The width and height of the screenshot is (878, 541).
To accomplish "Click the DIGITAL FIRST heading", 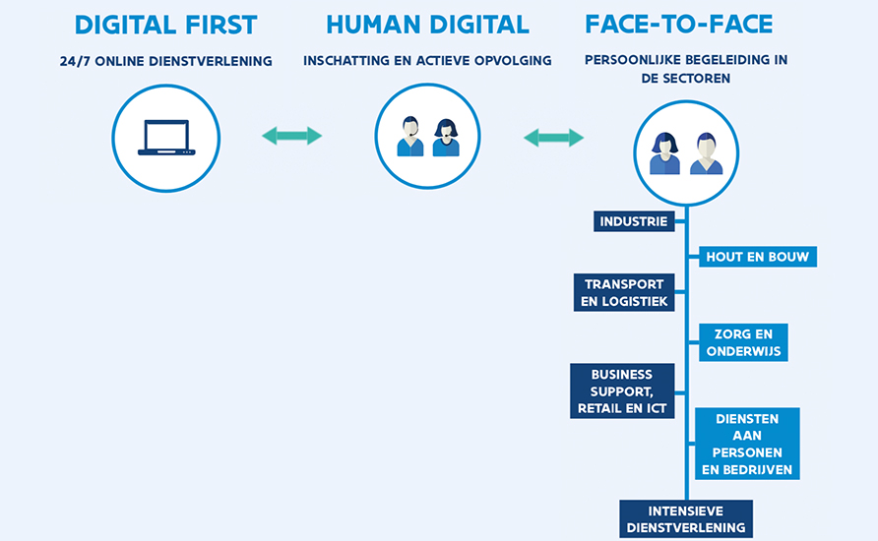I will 165,24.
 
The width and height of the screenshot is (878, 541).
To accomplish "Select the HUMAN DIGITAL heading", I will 427,24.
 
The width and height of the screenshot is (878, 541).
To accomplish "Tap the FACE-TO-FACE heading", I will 678,24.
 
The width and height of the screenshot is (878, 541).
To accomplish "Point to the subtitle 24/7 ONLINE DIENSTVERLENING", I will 165,61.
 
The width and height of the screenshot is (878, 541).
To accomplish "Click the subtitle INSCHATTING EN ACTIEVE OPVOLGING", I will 427,61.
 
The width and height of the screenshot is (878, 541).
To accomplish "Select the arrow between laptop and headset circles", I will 291,136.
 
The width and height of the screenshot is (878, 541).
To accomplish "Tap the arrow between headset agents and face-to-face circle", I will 553,138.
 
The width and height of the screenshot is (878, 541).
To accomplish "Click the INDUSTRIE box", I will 634,221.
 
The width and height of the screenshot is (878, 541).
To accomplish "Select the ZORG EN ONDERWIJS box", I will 743,342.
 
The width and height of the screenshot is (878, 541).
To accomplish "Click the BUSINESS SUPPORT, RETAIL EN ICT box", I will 622,391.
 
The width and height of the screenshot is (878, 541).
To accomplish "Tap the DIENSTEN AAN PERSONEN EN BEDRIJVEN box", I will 747,443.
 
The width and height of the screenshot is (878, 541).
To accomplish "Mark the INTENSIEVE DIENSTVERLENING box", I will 685,519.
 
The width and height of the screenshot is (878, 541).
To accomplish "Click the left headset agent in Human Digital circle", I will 410,138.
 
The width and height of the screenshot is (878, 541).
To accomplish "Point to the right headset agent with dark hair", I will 446,138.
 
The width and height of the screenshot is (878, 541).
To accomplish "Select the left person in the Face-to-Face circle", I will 665,154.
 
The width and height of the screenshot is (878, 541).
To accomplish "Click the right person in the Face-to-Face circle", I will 706,154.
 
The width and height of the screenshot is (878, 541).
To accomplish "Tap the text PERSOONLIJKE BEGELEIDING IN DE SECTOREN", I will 685,69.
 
